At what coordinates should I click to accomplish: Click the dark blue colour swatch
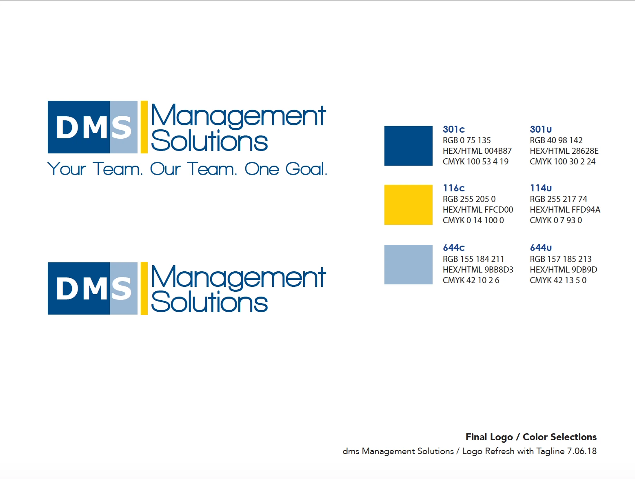[408, 146]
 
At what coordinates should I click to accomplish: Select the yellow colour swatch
[408, 204]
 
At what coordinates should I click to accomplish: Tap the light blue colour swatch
[408, 264]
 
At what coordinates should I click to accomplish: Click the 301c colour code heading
[453, 129]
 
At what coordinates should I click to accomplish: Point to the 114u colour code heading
[541, 188]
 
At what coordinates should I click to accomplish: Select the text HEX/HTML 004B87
[477, 151]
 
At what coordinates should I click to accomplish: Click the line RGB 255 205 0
[469, 199]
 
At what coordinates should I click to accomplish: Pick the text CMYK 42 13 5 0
[558, 280]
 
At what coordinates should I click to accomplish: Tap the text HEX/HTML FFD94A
[565, 210]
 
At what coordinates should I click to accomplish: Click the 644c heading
[453, 248]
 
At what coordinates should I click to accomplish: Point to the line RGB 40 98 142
[556, 140]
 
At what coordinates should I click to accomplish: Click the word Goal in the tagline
[306, 169]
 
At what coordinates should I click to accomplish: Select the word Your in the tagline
[67, 169]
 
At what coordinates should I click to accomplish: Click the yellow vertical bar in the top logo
[144, 127]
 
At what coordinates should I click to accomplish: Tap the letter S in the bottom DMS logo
[122, 289]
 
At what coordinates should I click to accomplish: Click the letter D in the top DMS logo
[67, 128]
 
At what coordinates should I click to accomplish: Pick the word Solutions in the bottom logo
[209, 302]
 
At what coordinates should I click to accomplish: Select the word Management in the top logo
[238, 115]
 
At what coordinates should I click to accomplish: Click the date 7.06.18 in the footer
[582, 451]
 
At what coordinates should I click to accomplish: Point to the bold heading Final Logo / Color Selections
[531, 437]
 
